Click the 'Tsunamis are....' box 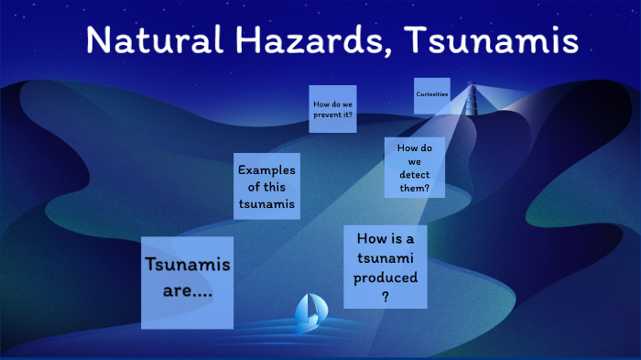pos(187,281)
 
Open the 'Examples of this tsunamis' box pos(266,187)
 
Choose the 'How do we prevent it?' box pos(332,109)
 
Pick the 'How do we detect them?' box pos(414,168)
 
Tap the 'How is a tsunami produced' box pos(386,267)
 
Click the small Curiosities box pos(431,95)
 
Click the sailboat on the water pos(306,313)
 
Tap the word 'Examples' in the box pos(266,170)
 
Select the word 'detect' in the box pos(414,174)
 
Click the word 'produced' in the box pos(386,277)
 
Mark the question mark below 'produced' pos(386,296)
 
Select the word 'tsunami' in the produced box pos(386,257)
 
